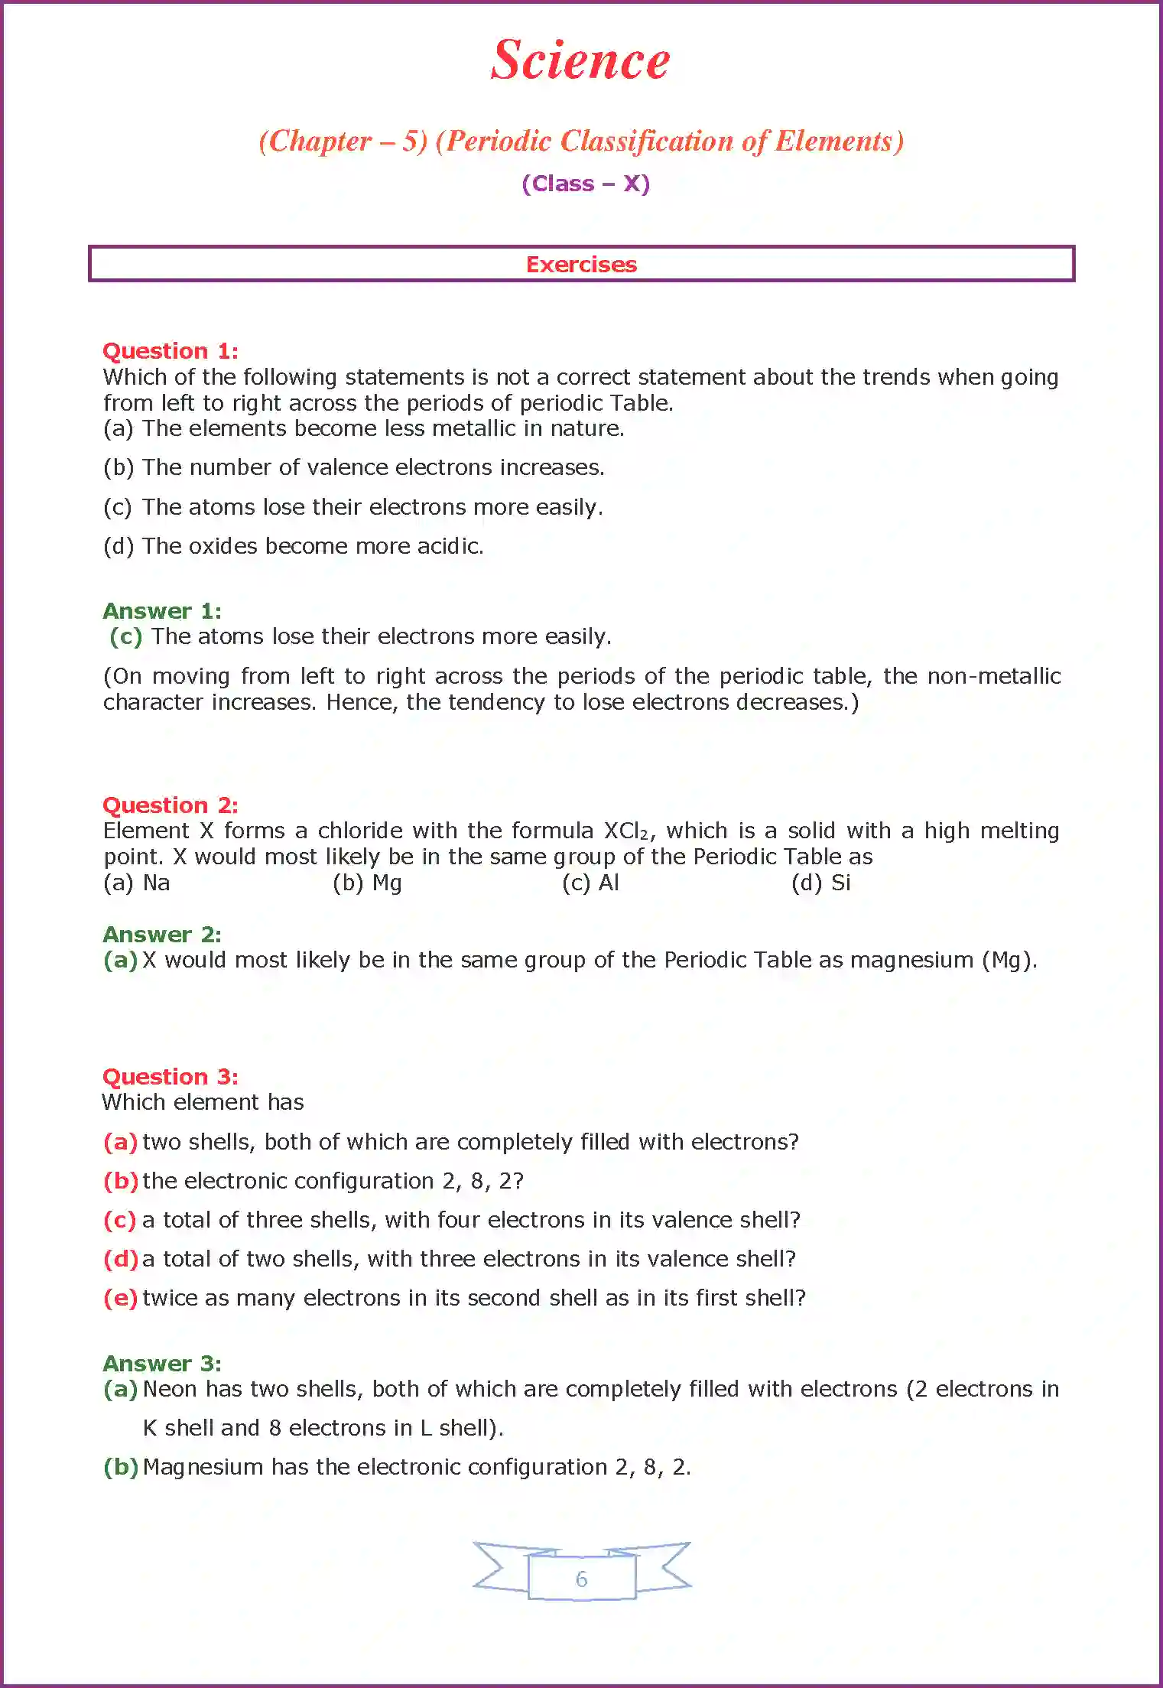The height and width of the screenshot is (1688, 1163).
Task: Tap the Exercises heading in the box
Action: pos(581,265)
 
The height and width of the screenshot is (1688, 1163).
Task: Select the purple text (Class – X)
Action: pos(586,184)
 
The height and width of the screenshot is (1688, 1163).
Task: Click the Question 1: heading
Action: pos(171,351)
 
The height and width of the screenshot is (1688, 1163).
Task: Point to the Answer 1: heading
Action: pos(162,611)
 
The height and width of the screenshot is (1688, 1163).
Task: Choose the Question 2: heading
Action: pos(171,805)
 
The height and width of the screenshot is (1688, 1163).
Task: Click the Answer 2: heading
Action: pos(162,935)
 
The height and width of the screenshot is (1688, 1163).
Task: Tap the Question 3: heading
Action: pos(171,1077)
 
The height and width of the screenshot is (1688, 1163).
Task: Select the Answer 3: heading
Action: pos(162,1364)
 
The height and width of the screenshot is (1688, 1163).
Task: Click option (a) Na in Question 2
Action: pos(137,883)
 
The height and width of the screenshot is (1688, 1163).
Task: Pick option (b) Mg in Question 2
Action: pos(367,883)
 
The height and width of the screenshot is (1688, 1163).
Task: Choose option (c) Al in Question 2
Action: pos(590,883)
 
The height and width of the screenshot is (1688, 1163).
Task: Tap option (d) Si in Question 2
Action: pos(821,883)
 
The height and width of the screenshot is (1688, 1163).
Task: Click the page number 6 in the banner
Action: pos(581,1579)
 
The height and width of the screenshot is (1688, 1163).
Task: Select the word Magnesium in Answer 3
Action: pos(203,1467)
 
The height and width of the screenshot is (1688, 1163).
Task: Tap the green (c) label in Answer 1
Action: pos(126,636)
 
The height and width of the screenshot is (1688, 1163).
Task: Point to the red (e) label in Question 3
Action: pos(120,1298)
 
